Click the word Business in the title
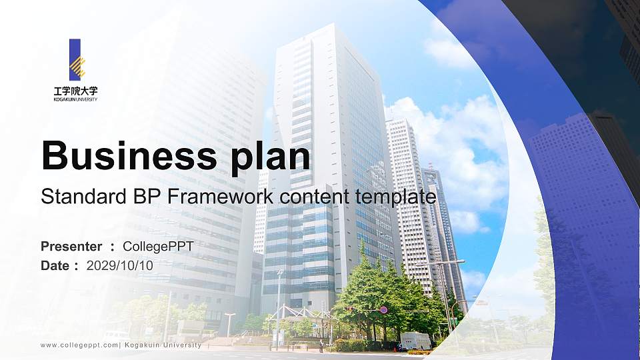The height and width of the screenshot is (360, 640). [x=127, y=157]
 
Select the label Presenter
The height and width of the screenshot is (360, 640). [x=71, y=247]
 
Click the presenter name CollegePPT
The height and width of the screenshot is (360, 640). [x=159, y=247]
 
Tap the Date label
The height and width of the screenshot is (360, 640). [x=55, y=265]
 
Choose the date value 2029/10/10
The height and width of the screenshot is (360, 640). [x=120, y=265]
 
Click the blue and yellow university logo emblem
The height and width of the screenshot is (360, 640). [x=76, y=59]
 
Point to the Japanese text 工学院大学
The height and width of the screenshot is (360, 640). [x=75, y=90]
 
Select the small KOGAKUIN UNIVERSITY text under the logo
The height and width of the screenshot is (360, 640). [x=75, y=99]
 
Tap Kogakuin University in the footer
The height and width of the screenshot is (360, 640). [x=163, y=345]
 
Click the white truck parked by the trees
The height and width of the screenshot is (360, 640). [x=416, y=340]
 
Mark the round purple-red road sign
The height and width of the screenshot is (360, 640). [x=383, y=310]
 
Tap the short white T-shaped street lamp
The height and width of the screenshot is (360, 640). [x=229, y=325]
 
